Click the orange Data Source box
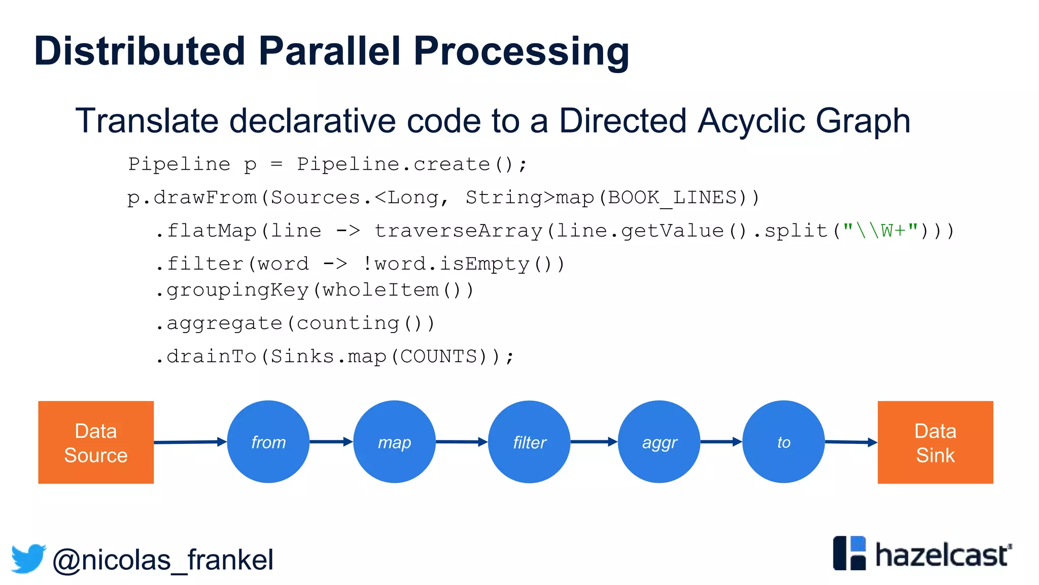96,442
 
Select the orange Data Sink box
935,442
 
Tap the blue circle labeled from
268,442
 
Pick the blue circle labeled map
394,442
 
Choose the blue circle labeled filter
529,442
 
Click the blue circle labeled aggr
659,442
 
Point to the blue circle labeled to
783,442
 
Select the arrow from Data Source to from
190,442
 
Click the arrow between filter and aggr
594,442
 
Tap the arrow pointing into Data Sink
851,442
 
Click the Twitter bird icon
28,559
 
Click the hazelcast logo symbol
849,553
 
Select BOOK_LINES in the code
672,198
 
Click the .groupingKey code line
315,290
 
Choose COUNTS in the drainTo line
439,356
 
